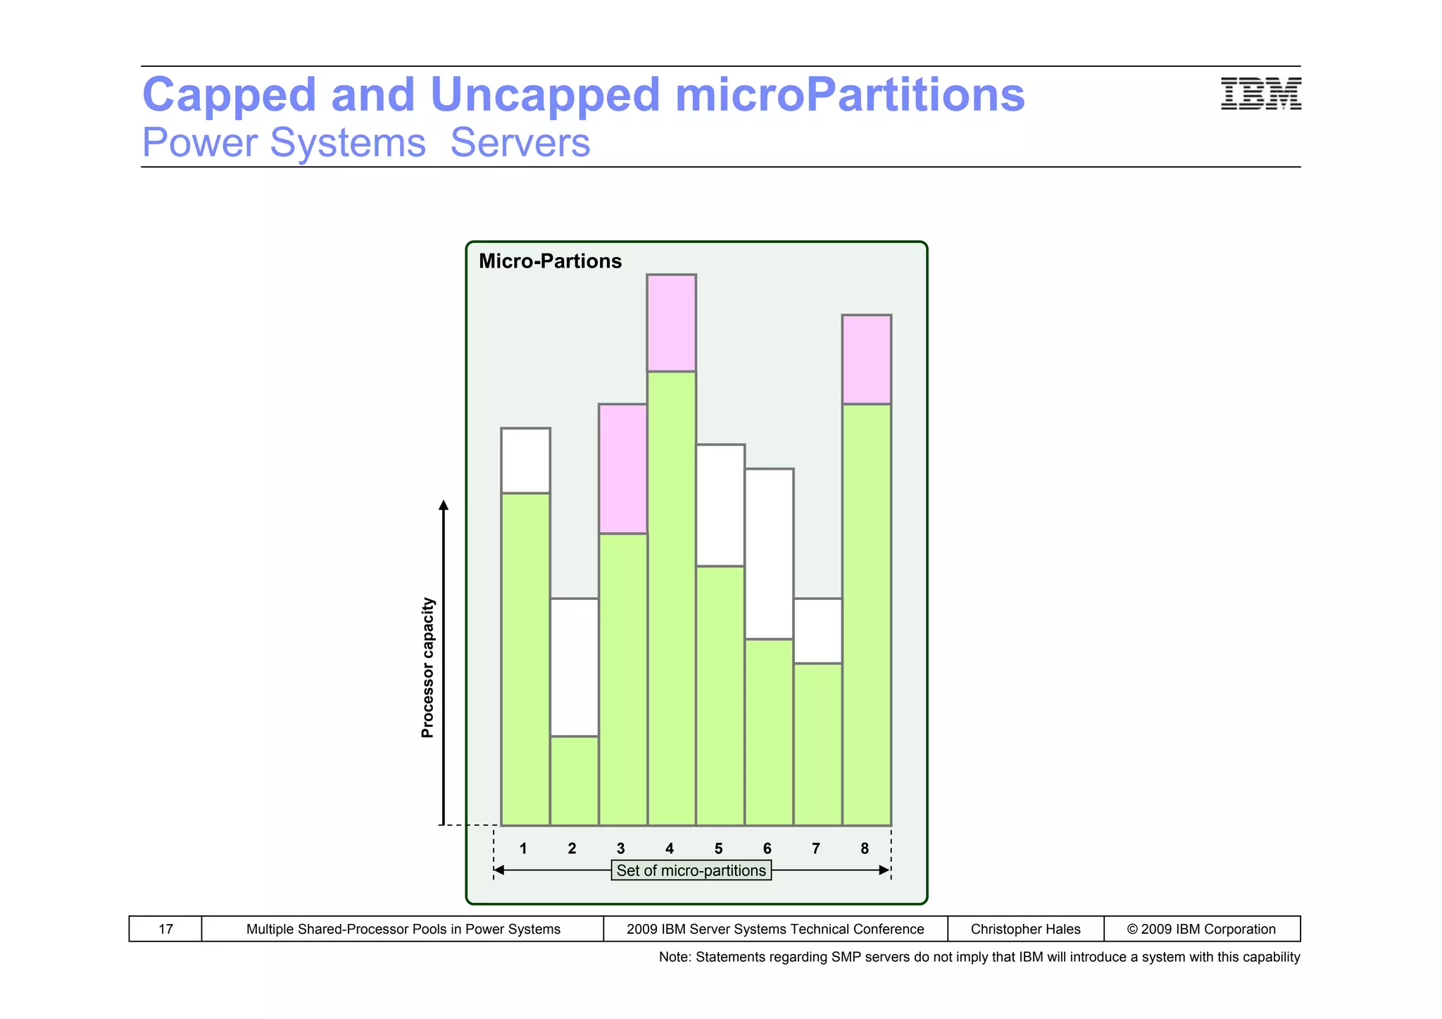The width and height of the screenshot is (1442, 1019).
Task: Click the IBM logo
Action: (x=1260, y=94)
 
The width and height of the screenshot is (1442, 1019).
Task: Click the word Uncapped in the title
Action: (x=545, y=94)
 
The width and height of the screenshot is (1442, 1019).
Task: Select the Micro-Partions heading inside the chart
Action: (x=550, y=261)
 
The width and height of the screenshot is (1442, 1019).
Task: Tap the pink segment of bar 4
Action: (x=672, y=323)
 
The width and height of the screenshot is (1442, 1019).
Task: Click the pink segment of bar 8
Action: (x=867, y=360)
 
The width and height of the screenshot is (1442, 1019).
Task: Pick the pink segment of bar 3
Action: (x=623, y=468)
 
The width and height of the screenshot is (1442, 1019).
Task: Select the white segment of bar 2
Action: (x=575, y=667)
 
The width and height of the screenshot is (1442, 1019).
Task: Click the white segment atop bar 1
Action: (x=525, y=461)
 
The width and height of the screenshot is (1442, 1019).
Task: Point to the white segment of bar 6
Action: (x=770, y=554)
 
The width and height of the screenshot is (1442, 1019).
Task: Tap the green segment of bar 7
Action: (x=818, y=744)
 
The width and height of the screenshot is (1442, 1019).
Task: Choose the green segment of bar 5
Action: (x=720, y=695)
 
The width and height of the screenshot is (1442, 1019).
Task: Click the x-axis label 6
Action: (x=767, y=849)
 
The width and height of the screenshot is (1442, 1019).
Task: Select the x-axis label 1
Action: (x=523, y=849)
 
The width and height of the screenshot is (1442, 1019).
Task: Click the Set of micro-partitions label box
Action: (x=691, y=870)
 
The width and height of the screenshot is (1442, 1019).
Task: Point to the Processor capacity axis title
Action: (x=427, y=667)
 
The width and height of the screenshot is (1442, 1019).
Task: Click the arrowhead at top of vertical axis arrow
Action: (x=444, y=505)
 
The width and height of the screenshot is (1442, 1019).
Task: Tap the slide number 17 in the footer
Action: (x=165, y=929)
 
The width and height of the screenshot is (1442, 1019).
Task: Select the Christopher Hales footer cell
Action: (x=1025, y=929)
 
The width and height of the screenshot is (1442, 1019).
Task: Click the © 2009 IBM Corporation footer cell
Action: (x=1201, y=929)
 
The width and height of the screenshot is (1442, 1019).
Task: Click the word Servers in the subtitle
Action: (x=520, y=143)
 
